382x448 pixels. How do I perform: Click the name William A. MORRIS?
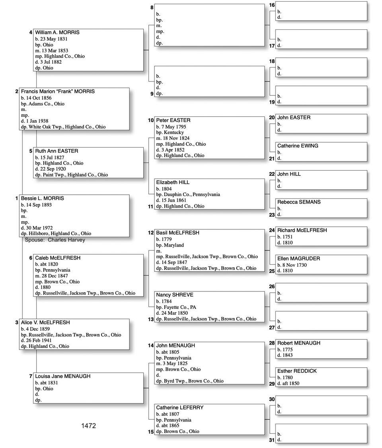(x=57, y=33)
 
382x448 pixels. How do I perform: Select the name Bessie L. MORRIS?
(x=43, y=198)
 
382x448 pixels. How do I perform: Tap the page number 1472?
(x=88, y=426)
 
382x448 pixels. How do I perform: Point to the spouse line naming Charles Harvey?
(x=55, y=240)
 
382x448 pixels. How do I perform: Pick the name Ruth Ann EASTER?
(x=57, y=151)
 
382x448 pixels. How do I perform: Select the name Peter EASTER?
(x=173, y=120)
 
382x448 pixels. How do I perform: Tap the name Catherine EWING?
(x=298, y=146)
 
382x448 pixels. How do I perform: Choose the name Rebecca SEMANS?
(x=299, y=202)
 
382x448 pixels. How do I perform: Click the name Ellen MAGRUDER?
(x=298, y=258)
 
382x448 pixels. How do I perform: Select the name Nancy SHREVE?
(x=175, y=295)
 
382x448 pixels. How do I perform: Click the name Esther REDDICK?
(x=297, y=371)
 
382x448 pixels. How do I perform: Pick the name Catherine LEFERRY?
(x=180, y=407)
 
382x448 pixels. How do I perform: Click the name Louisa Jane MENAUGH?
(x=62, y=376)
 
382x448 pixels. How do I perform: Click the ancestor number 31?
(x=272, y=440)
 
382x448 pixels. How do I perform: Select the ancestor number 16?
(x=272, y=5)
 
